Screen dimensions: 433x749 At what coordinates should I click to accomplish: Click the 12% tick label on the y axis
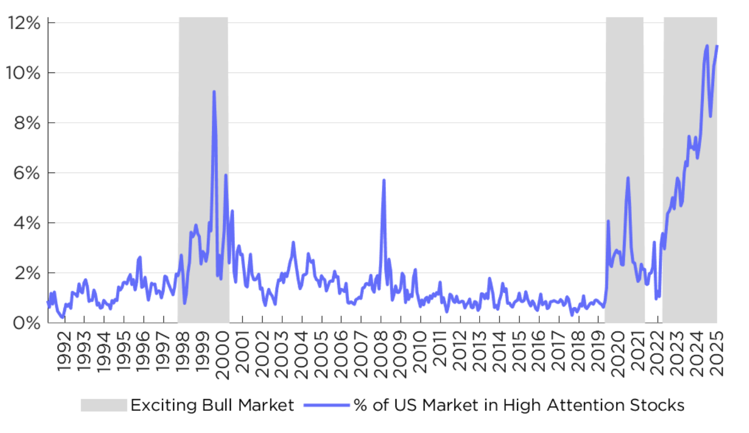click(24, 23)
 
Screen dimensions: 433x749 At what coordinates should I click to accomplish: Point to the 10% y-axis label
click(23, 73)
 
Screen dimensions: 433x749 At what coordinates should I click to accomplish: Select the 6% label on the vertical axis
click(26, 173)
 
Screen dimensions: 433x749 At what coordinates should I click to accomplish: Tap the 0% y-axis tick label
click(26, 323)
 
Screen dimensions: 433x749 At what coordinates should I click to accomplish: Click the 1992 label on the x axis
click(64, 352)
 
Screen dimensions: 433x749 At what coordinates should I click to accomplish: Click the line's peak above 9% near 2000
click(214, 92)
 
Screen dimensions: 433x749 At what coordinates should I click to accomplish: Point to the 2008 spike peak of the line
click(383, 180)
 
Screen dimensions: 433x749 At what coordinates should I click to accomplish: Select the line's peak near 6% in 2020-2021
click(628, 178)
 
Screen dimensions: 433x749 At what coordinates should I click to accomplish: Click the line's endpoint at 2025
click(717, 46)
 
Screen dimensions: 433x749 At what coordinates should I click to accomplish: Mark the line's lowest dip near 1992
click(63, 317)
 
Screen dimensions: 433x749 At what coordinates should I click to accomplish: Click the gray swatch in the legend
click(103, 405)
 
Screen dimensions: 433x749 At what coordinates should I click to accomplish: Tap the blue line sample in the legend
click(326, 405)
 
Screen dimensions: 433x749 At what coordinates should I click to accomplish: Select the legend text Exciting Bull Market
click(212, 405)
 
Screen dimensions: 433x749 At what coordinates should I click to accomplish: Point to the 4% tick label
click(26, 223)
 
